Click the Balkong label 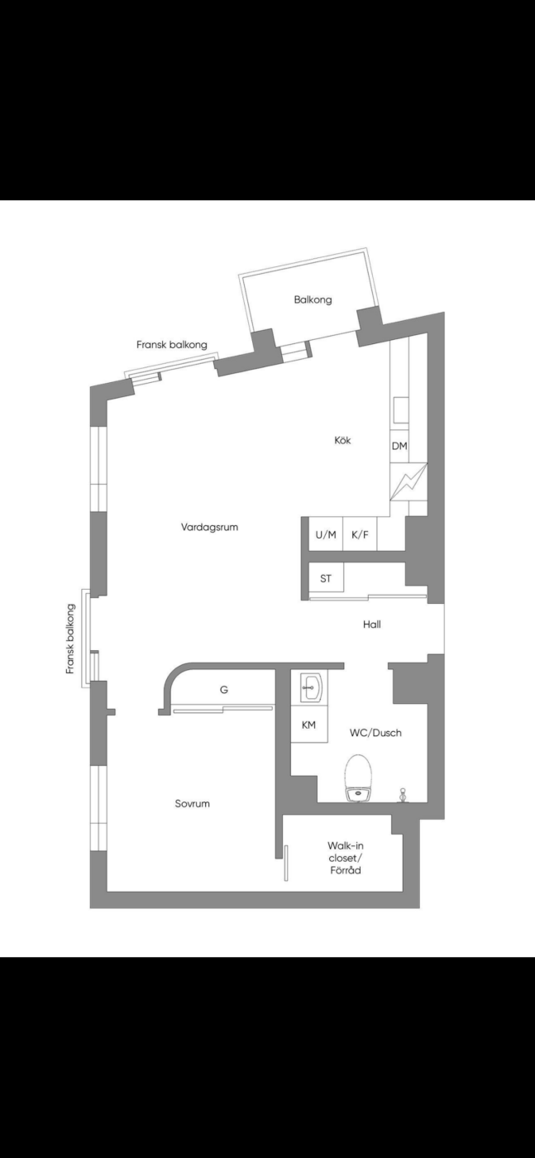tap(313, 299)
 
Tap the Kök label tap(342, 440)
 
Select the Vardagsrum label tap(209, 528)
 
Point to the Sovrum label tap(193, 804)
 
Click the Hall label tap(371, 624)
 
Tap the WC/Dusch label tap(375, 733)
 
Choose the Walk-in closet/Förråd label tap(346, 859)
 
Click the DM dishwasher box tap(399, 446)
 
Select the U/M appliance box tap(326, 534)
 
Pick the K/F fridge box tap(361, 534)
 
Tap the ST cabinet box tap(326, 578)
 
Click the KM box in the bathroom tap(308, 725)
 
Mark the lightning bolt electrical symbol tap(408, 481)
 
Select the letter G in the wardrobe tap(224, 690)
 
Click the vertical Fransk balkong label tap(70, 639)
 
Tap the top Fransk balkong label tap(172, 345)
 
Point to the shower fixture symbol tap(403, 796)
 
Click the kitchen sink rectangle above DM tap(400, 409)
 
